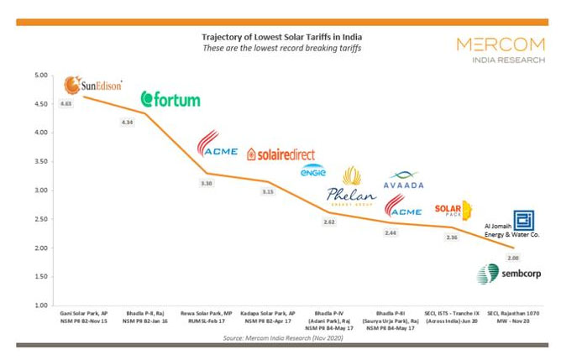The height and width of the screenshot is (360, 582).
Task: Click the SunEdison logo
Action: coord(93,86)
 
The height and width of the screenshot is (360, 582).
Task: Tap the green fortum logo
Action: coord(170,100)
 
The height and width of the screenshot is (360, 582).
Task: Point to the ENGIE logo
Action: coord(312,170)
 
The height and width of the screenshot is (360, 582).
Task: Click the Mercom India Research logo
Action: coord(500,50)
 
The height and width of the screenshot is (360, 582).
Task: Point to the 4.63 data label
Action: coord(66,104)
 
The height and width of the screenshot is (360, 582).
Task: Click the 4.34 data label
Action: coord(128,123)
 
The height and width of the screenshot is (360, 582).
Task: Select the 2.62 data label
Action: coord(331,222)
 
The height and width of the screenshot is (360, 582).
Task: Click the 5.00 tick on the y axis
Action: coord(40,76)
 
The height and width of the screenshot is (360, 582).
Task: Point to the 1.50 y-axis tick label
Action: coord(40,277)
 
